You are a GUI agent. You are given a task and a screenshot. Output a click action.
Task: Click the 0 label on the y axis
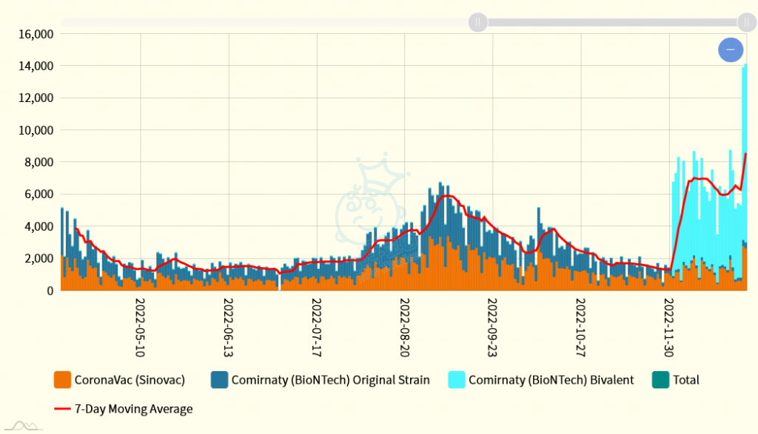pyautogui.click(x=50, y=291)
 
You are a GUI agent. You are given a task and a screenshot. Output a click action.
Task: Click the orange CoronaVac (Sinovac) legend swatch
pyautogui.click(x=62, y=380)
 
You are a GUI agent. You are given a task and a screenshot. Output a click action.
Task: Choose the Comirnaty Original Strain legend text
pyautogui.click(x=330, y=380)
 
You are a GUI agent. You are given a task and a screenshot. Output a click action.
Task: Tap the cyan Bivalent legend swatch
pyautogui.click(x=456, y=380)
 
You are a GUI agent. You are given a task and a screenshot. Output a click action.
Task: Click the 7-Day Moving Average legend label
pyautogui.click(x=133, y=409)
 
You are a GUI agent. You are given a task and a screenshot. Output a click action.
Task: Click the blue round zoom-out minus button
pyautogui.click(x=730, y=50)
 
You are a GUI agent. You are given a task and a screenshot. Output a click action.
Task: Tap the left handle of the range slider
pyautogui.click(x=478, y=22)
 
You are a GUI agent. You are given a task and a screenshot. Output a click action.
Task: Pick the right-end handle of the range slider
pyautogui.click(x=746, y=22)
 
